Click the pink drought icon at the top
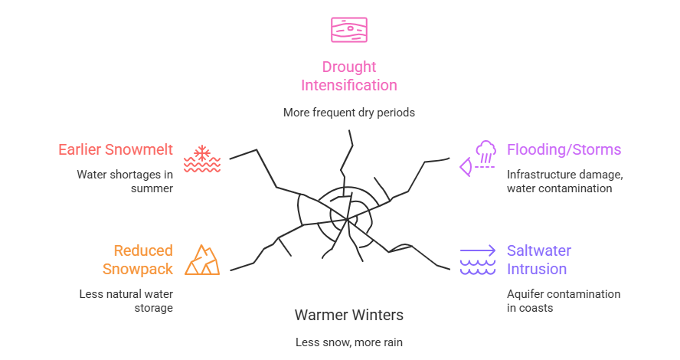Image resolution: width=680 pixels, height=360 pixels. pyautogui.click(x=348, y=29)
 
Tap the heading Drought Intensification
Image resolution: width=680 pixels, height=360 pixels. pyautogui.click(x=348, y=76)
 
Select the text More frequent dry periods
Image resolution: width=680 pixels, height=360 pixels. pyautogui.click(x=348, y=112)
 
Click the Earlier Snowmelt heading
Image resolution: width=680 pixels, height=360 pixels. pyautogui.click(x=116, y=149)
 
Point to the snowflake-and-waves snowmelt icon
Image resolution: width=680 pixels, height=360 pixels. pyautogui.click(x=202, y=158)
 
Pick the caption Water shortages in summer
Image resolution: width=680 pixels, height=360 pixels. pyautogui.click(x=125, y=181)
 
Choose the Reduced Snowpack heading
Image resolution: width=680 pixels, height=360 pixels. pyautogui.click(x=138, y=260)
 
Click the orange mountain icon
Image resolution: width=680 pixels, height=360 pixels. pyautogui.click(x=202, y=260)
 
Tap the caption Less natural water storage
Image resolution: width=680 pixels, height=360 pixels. pyautogui.click(x=126, y=300)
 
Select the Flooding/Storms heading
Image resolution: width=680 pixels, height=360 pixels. pyautogui.click(x=564, y=149)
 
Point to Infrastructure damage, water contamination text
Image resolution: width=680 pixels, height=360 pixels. pyautogui.click(x=564, y=181)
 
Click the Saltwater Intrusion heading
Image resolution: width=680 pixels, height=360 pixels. pyautogui.click(x=538, y=260)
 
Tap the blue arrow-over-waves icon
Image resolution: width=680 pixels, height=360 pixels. pyautogui.click(x=478, y=260)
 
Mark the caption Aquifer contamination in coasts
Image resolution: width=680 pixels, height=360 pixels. pyautogui.click(x=563, y=300)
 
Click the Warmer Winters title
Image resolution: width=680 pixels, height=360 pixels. pyautogui.click(x=348, y=315)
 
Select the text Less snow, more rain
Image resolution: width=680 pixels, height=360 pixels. pyautogui.click(x=348, y=342)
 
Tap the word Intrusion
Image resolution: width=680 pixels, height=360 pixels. pyautogui.click(x=537, y=269)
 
